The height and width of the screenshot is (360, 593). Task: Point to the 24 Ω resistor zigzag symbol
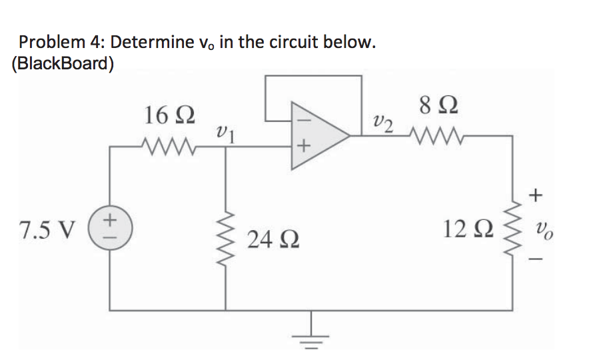coord(227,237)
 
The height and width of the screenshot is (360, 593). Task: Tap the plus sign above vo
coord(538,194)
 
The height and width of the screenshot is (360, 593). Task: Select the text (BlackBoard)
coord(62,65)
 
